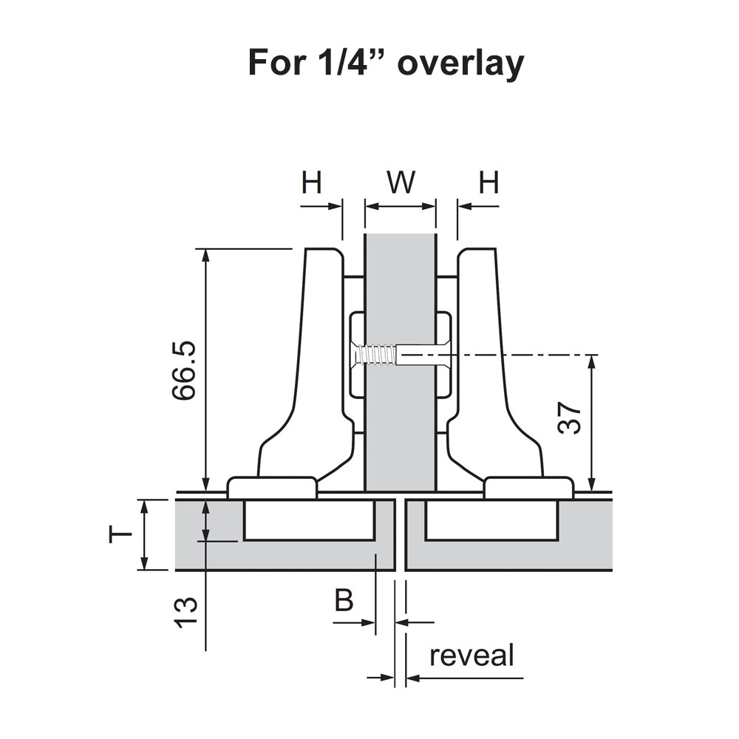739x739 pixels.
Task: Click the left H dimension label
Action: [312, 183]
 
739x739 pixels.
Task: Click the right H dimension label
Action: [488, 183]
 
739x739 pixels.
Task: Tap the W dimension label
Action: [401, 183]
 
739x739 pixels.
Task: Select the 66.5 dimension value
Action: [184, 369]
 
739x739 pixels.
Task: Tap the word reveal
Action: [471, 655]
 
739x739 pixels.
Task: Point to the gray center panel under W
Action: [400, 429]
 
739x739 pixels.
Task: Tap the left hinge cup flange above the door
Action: [272, 487]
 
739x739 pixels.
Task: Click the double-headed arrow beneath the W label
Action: [400, 208]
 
